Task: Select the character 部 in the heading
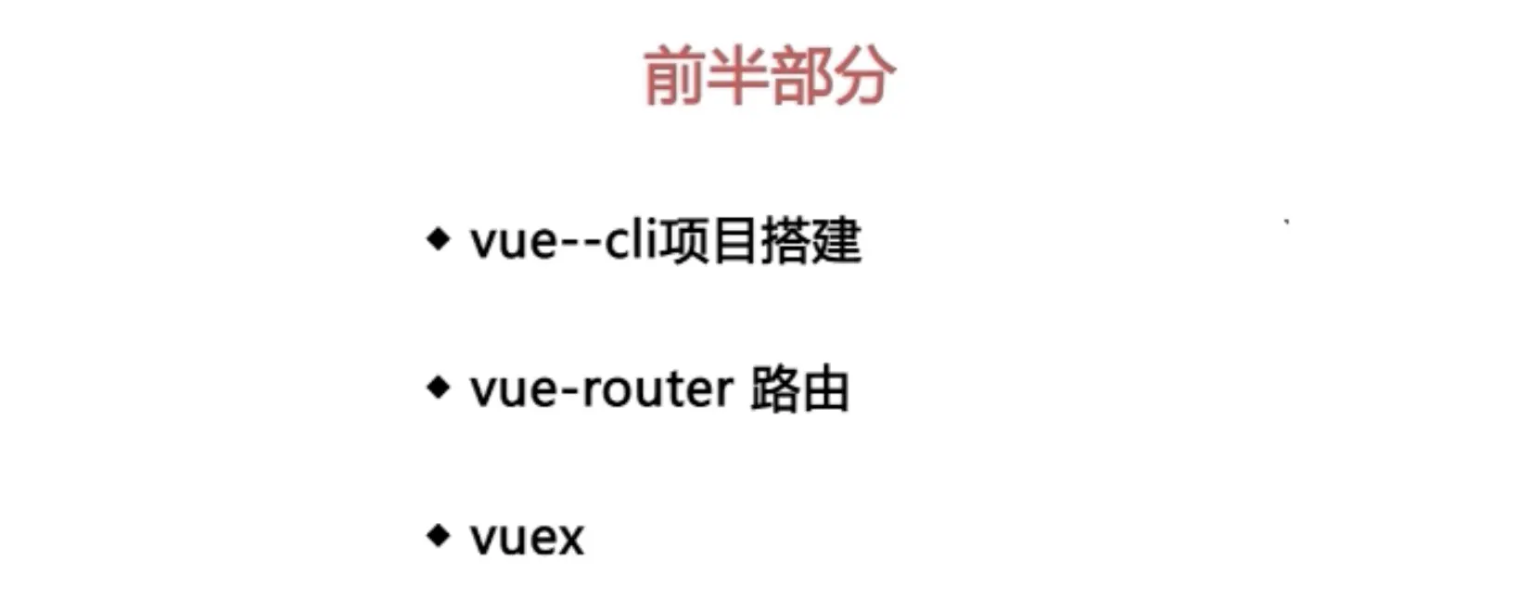[x=800, y=77]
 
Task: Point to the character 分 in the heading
[x=864, y=77]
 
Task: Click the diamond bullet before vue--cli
[x=438, y=239]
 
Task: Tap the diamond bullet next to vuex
[x=438, y=535]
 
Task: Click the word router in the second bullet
[x=657, y=389]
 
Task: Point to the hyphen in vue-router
[x=568, y=391]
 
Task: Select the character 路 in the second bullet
[x=775, y=389]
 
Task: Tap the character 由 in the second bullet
[x=825, y=389]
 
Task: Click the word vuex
[x=527, y=539]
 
